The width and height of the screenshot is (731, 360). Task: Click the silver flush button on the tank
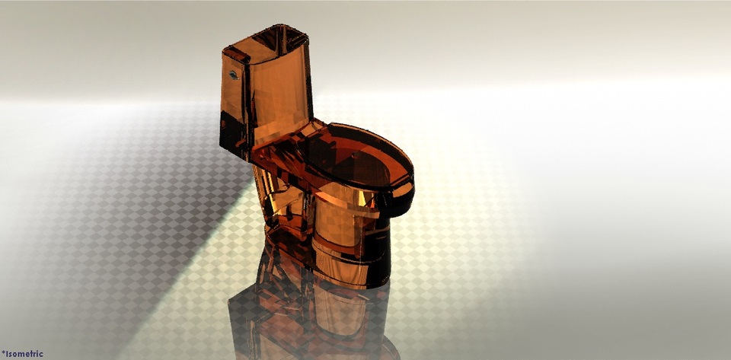[x=234, y=75]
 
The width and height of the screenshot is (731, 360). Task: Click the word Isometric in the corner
[x=24, y=354]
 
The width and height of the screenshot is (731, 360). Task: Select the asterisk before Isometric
[x=3, y=352]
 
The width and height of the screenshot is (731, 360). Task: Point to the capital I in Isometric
[x=8, y=354]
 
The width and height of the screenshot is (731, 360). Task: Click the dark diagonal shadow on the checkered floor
[x=183, y=251]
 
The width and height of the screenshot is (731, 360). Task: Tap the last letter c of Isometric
[x=41, y=354]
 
